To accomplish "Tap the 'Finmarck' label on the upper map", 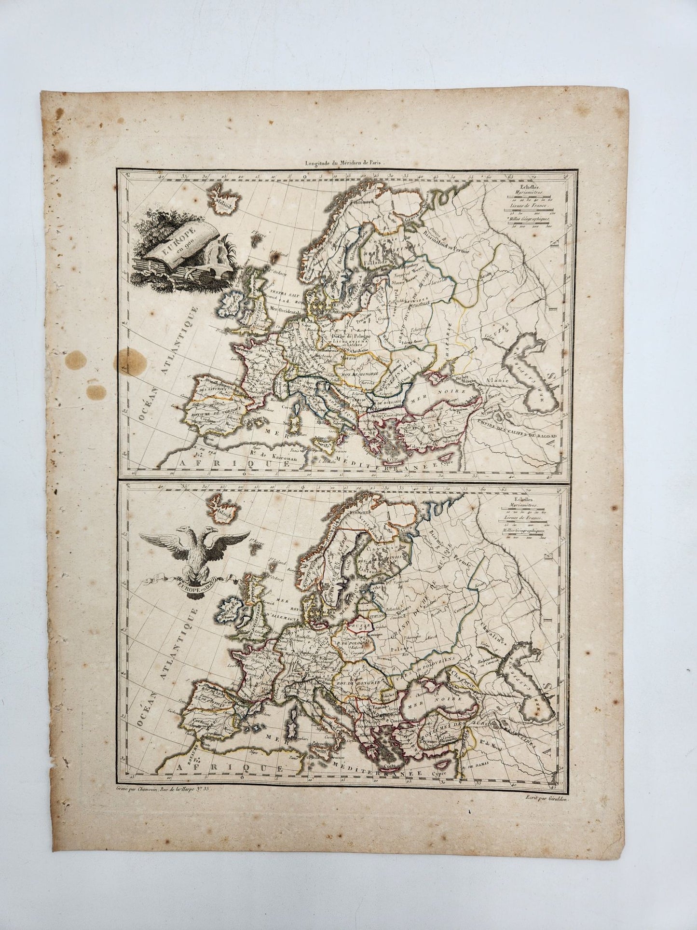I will pos(363,203).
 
